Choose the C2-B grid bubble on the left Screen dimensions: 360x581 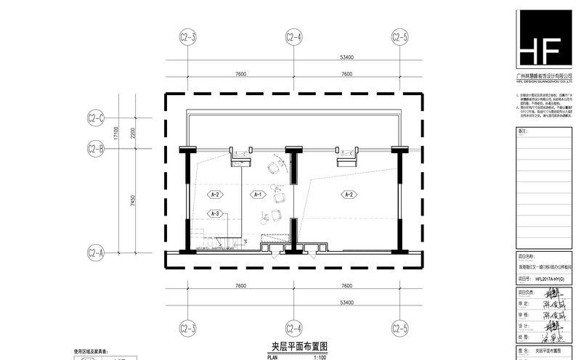[97, 149]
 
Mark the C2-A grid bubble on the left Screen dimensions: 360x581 [97, 253]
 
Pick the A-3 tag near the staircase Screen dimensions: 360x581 [214, 213]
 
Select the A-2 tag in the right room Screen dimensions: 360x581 [348, 195]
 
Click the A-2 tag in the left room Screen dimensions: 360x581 [215, 195]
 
